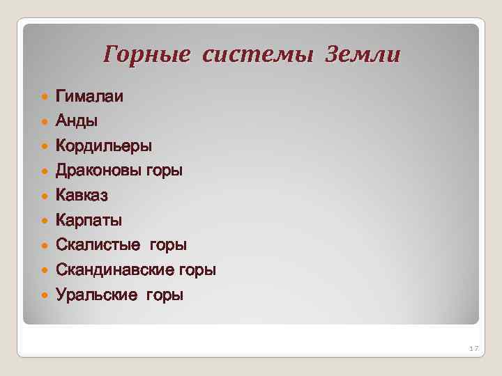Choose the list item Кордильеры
pyautogui.click(x=104, y=146)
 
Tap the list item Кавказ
pyautogui.click(x=82, y=196)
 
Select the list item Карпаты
pyautogui.click(x=89, y=221)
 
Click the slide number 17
pyautogui.click(x=473, y=348)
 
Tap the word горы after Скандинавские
pyautogui.click(x=197, y=271)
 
